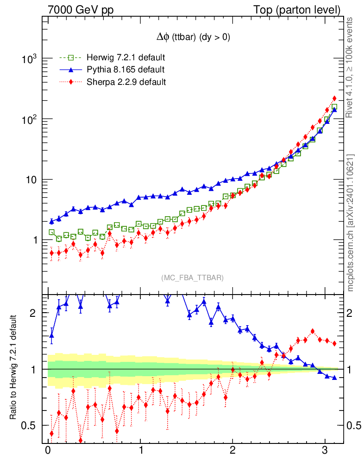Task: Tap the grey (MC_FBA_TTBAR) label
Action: pos(193,278)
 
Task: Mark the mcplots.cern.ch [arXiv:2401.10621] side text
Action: pos(351,223)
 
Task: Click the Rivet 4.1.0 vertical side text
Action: pos(351,67)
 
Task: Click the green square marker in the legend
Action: pos(71,58)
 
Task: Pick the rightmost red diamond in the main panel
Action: pos(334,98)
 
